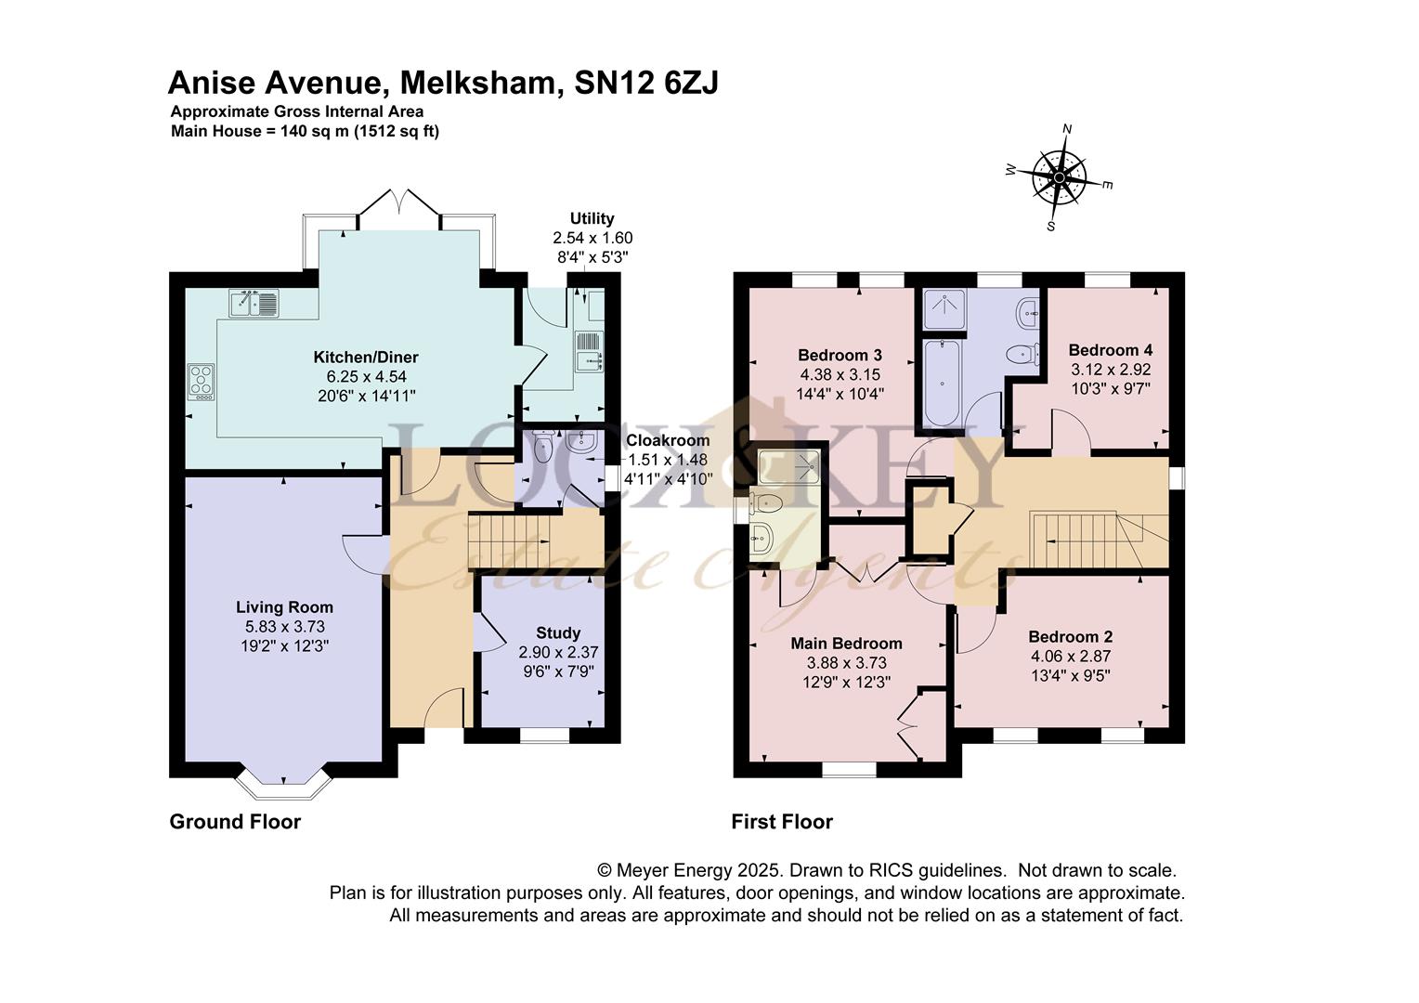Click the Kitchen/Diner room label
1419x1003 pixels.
pyautogui.click(x=366, y=357)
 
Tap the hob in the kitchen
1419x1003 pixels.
pyautogui.click(x=201, y=382)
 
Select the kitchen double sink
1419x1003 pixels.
pyautogui.click(x=254, y=304)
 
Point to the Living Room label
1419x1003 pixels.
pyautogui.click(x=284, y=607)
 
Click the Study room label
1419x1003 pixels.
pyautogui.click(x=558, y=633)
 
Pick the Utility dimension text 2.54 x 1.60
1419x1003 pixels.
pyautogui.click(x=592, y=239)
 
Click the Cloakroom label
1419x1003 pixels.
pyautogui.click(x=668, y=440)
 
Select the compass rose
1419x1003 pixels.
pyautogui.click(x=1060, y=177)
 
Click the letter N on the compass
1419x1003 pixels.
pyautogui.click(x=1067, y=129)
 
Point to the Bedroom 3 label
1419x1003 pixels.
pyautogui.click(x=840, y=355)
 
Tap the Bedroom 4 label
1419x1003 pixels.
pyautogui.click(x=1111, y=350)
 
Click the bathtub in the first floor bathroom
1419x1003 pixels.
pyautogui.click(x=943, y=383)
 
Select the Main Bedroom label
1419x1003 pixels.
pyautogui.click(x=846, y=643)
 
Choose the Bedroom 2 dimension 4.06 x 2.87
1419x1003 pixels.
pyautogui.click(x=1071, y=657)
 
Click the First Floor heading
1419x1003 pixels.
pyautogui.click(x=782, y=822)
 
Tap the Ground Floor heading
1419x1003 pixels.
pyautogui.click(x=235, y=822)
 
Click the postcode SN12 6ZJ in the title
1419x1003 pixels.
pyautogui.click(x=646, y=83)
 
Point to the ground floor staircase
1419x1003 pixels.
pyautogui.click(x=507, y=541)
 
